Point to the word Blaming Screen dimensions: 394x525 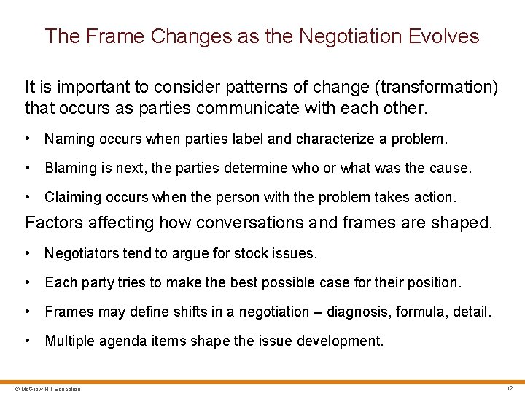pyautogui.click(x=71, y=168)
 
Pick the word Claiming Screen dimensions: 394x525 pyautogui.click(x=72, y=197)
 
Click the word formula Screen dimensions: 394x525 pyautogui.click(x=421, y=312)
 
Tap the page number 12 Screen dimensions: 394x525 pyautogui.click(x=510, y=388)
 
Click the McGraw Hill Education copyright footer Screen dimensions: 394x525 pyautogui.click(x=42, y=389)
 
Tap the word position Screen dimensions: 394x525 pyautogui.click(x=435, y=282)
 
